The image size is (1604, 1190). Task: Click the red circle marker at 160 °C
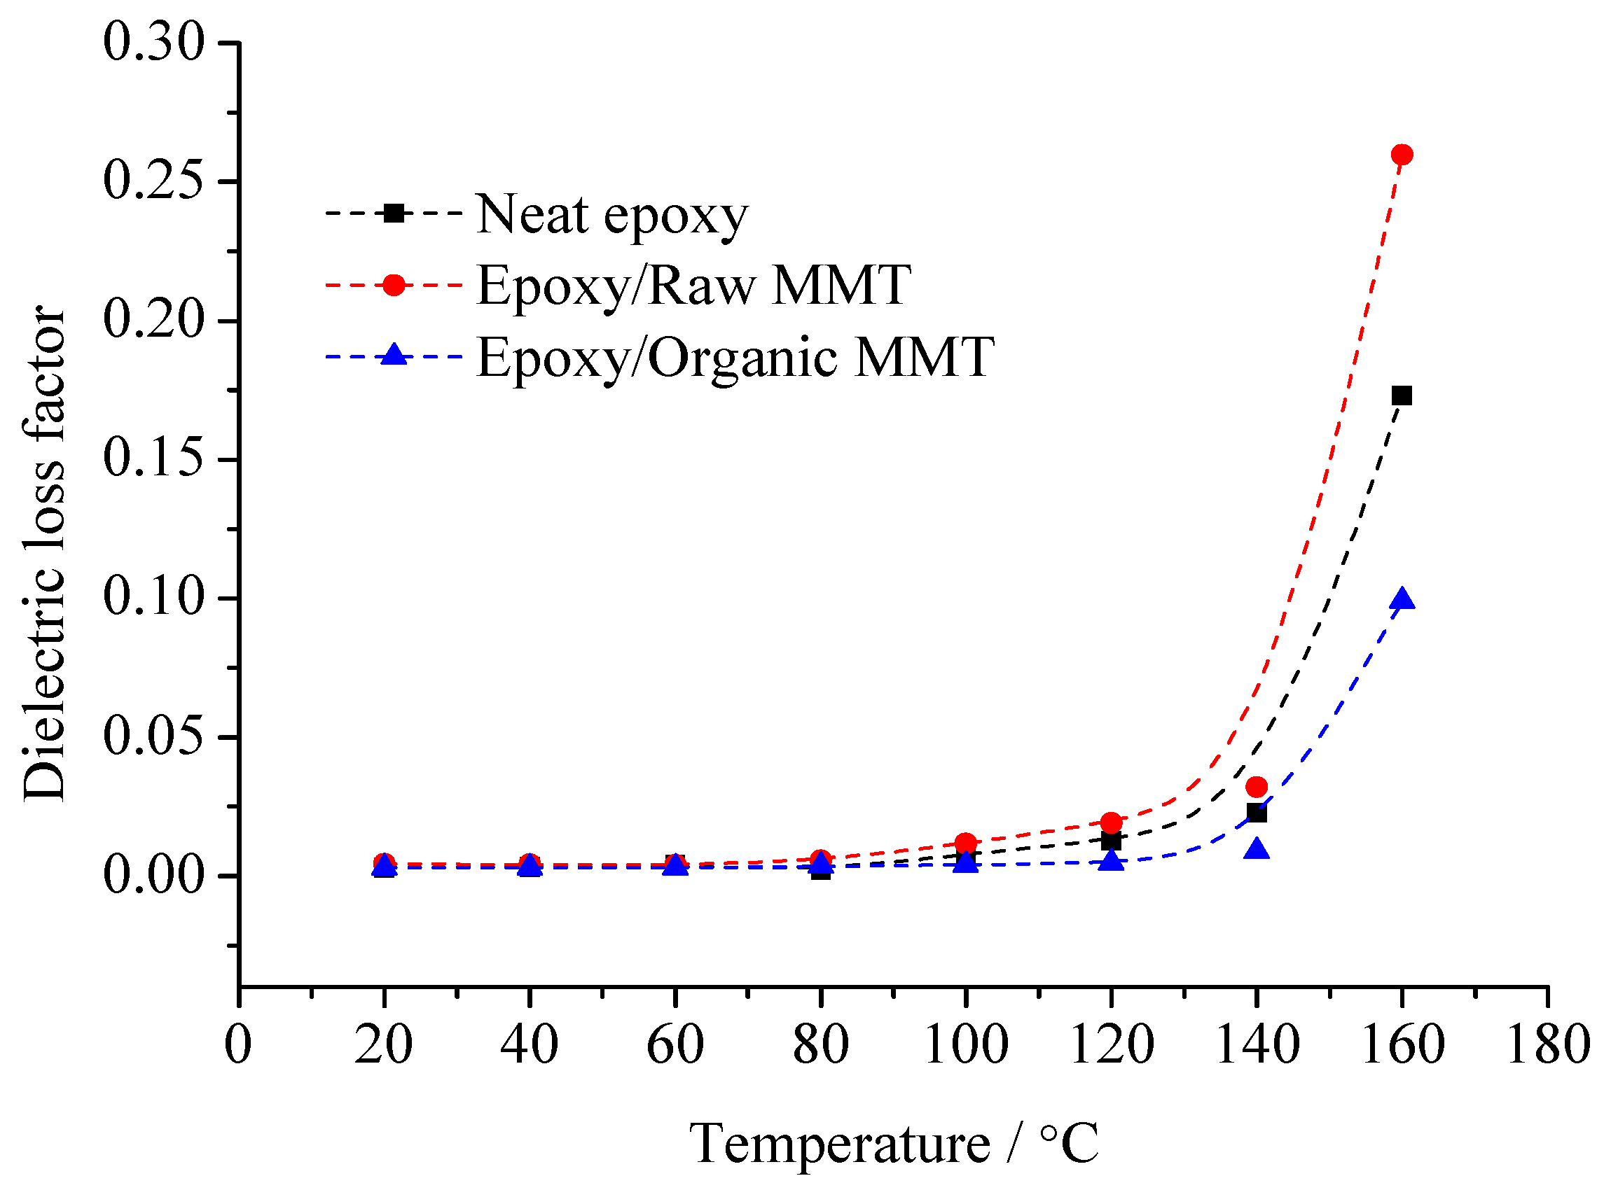[x=1402, y=154]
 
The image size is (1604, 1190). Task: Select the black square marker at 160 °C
[x=1402, y=395]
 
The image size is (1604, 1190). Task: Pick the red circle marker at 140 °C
[x=1256, y=787]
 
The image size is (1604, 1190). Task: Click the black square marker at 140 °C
[x=1256, y=813]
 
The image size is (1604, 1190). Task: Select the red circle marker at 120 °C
[x=1111, y=822]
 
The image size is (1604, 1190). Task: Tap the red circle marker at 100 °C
[x=966, y=843]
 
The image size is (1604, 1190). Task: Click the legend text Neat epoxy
[x=611, y=215]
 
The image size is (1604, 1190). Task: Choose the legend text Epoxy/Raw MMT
[x=693, y=286]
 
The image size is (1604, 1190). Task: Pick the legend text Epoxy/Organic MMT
[x=735, y=357]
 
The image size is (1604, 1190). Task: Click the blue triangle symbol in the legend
[x=394, y=355]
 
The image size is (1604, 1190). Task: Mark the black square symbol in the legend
[x=394, y=213]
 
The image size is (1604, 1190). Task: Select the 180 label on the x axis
[x=1548, y=1045]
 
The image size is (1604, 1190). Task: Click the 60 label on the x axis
[x=675, y=1045]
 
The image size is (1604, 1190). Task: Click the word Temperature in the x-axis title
[x=839, y=1144]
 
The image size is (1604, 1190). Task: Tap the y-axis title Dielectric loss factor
[x=45, y=553]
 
